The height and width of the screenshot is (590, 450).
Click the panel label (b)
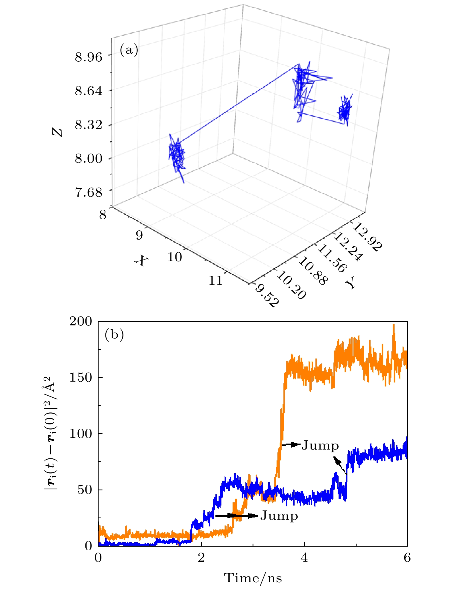pos(114,334)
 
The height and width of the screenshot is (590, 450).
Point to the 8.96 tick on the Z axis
pos(88,57)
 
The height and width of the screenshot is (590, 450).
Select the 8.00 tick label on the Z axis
pos(88,158)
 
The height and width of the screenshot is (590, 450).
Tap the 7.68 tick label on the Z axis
pos(88,192)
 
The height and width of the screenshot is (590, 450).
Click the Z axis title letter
pos(58,132)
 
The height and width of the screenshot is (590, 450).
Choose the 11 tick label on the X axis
pos(215,281)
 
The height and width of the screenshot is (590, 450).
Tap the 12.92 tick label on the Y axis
pos(367,238)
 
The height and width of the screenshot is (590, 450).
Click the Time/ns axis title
pos(253,578)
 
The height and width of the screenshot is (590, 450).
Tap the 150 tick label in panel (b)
pos(81,377)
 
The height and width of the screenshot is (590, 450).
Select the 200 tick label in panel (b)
pos(81,322)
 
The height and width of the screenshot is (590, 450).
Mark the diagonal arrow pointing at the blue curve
pos(340,464)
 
